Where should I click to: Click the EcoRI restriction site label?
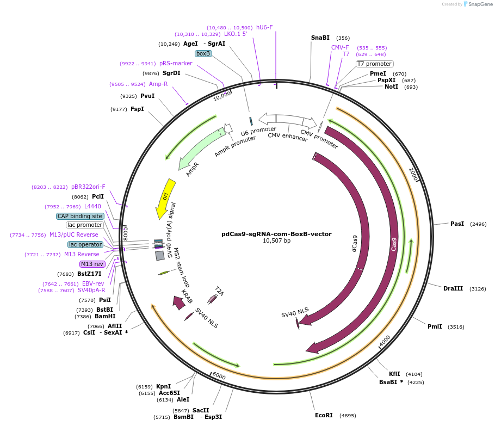coord(324,415)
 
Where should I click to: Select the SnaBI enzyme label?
coord(320,38)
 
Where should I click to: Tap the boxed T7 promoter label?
coord(374,64)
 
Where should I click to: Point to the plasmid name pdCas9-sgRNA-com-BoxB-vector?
coord(276,234)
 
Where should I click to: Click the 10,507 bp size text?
coord(276,240)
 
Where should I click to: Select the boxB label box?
coord(203,53)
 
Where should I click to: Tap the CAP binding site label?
coord(79,216)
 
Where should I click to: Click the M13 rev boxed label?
coord(92,264)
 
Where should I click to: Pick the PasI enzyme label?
coord(457,224)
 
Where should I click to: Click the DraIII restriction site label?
coord(453,288)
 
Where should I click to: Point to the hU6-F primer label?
coord(264,27)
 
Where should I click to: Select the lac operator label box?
coord(85,244)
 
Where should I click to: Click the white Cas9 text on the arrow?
coord(394,244)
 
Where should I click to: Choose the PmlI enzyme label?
coord(435,326)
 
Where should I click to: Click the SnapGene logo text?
coord(480,4)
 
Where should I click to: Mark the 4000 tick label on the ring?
coord(385,340)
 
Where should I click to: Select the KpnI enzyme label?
coord(163,386)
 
